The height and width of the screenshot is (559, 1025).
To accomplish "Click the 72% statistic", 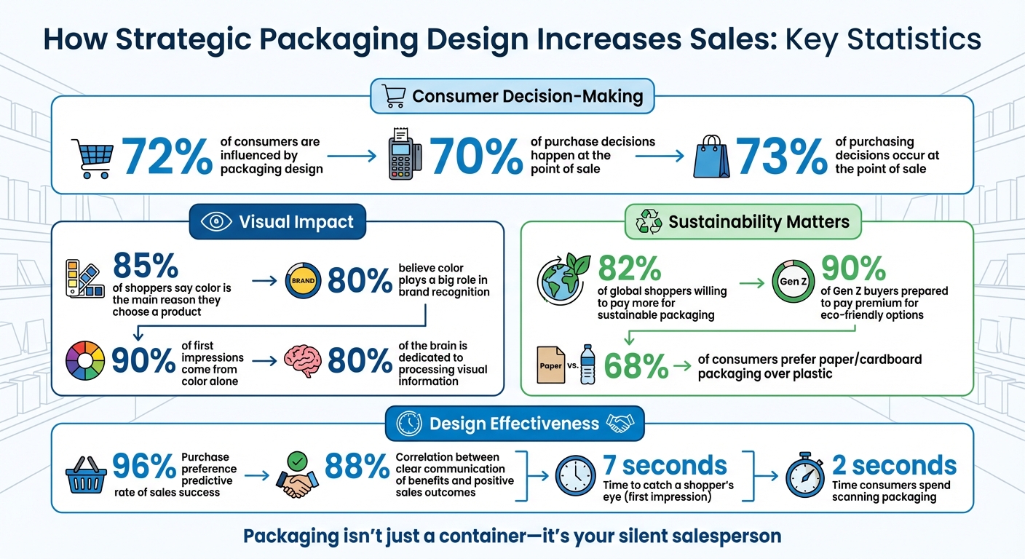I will point(168,156).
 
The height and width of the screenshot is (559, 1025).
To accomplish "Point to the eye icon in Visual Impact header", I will point(215,223).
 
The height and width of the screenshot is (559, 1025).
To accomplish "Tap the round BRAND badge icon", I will point(303,280).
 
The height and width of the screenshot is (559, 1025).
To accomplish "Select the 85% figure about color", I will point(146,266).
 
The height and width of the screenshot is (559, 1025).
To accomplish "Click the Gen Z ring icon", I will point(790,281).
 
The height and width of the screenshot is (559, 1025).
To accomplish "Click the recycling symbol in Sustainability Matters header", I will point(648,222).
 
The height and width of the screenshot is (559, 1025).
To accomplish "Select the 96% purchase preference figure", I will point(144,465).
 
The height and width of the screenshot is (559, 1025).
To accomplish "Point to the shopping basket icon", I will point(85,476).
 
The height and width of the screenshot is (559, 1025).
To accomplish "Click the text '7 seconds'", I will point(664,465).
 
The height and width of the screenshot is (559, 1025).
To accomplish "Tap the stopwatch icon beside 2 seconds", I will point(805,477).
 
